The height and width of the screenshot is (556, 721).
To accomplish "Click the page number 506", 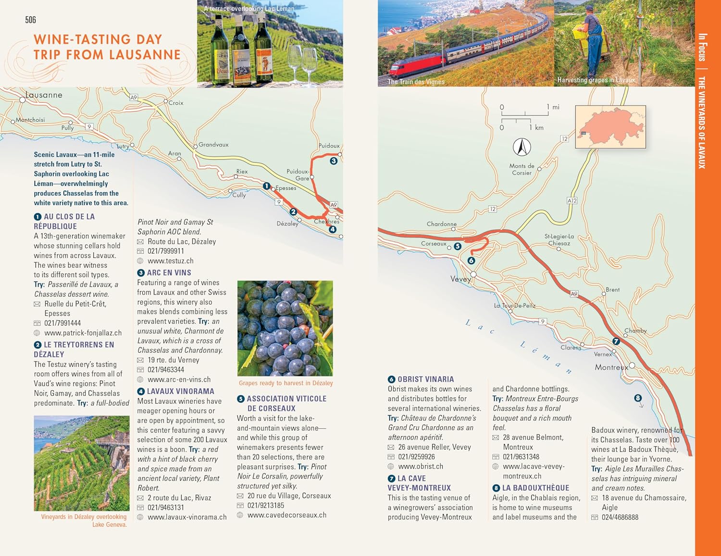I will [30, 20].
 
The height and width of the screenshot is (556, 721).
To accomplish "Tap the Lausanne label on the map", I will [44, 95].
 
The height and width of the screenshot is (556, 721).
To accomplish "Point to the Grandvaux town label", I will [213, 145].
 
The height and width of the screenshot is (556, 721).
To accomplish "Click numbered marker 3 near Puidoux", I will [334, 161].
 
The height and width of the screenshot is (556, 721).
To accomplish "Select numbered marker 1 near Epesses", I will [266, 186].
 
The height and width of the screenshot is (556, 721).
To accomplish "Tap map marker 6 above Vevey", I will [471, 260].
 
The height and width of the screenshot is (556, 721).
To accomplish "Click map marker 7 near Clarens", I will [616, 341].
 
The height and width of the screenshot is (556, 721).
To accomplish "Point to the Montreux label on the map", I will [611, 367].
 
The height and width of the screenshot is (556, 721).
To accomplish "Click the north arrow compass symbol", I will [522, 147].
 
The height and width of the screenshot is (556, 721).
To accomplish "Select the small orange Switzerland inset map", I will [610, 127].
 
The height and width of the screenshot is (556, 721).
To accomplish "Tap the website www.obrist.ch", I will [421, 466].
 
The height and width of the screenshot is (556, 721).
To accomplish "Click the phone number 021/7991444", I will [62, 323].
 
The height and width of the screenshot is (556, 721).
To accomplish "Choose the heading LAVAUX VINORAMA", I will [180, 391].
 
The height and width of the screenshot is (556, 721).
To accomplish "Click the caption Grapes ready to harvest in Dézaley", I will [286, 383].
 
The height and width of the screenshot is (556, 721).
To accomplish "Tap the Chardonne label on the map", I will [441, 224].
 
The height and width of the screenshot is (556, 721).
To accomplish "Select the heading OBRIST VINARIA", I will [425, 379].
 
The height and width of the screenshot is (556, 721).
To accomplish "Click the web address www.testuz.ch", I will [170, 260].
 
